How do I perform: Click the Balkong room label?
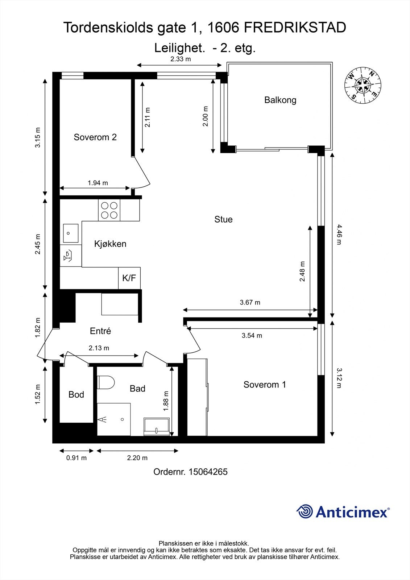(x=280, y=100)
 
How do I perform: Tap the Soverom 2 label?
(x=95, y=137)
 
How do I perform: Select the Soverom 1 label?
(x=265, y=385)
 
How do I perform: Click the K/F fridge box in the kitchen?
(x=129, y=278)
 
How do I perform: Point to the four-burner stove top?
(x=109, y=210)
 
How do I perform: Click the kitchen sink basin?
(x=71, y=233)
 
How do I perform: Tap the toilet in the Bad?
(x=106, y=382)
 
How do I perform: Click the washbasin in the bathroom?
(x=157, y=426)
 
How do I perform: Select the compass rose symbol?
(x=363, y=86)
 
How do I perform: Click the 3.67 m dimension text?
(x=250, y=302)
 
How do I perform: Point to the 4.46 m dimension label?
(x=339, y=235)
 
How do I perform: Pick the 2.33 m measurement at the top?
(x=181, y=59)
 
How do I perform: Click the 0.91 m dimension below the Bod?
(x=76, y=458)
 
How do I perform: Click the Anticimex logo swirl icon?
(x=305, y=511)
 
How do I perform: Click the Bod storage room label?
(x=76, y=394)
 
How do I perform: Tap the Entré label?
(x=100, y=331)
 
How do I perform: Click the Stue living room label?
(x=223, y=219)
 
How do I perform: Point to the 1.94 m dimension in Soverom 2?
(x=98, y=183)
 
